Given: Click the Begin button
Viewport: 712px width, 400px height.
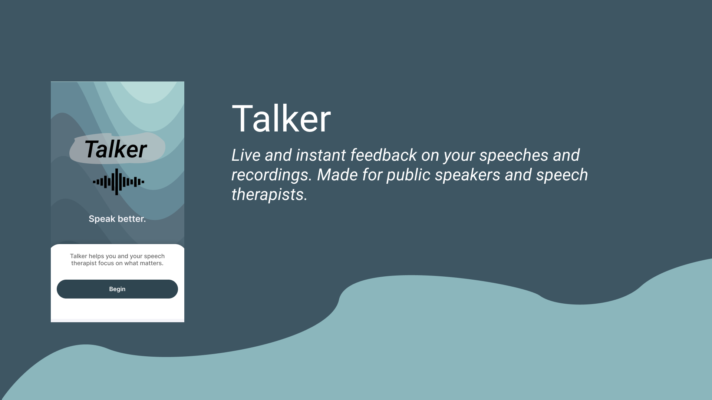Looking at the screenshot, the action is pyautogui.click(x=117, y=289).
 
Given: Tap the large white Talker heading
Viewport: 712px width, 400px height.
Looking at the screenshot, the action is pyautogui.click(x=281, y=119).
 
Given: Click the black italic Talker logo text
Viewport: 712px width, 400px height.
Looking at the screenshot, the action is pyautogui.click(x=116, y=149).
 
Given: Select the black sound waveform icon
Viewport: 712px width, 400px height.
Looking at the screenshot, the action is pyautogui.click(x=118, y=182).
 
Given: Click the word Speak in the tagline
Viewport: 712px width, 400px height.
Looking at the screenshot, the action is pyautogui.click(x=102, y=219).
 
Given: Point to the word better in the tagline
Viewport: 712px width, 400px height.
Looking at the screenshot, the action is pyautogui.click(x=132, y=219).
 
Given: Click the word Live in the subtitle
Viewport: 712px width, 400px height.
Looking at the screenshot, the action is pyautogui.click(x=246, y=155).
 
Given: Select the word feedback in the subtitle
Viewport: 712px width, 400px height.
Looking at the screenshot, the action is pyautogui.click(x=384, y=155).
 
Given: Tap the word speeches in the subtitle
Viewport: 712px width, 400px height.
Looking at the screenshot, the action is pyautogui.click(x=514, y=156).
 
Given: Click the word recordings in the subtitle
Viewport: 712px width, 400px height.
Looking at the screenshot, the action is pyautogui.click(x=271, y=175).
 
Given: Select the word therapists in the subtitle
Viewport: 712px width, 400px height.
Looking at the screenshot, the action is pyautogui.click(x=269, y=194).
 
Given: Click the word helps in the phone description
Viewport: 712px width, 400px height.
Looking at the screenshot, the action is pyautogui.click(x=96, y=256).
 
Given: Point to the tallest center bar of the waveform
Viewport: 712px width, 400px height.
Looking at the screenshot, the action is pyautogui.click(x=116, y=182).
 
